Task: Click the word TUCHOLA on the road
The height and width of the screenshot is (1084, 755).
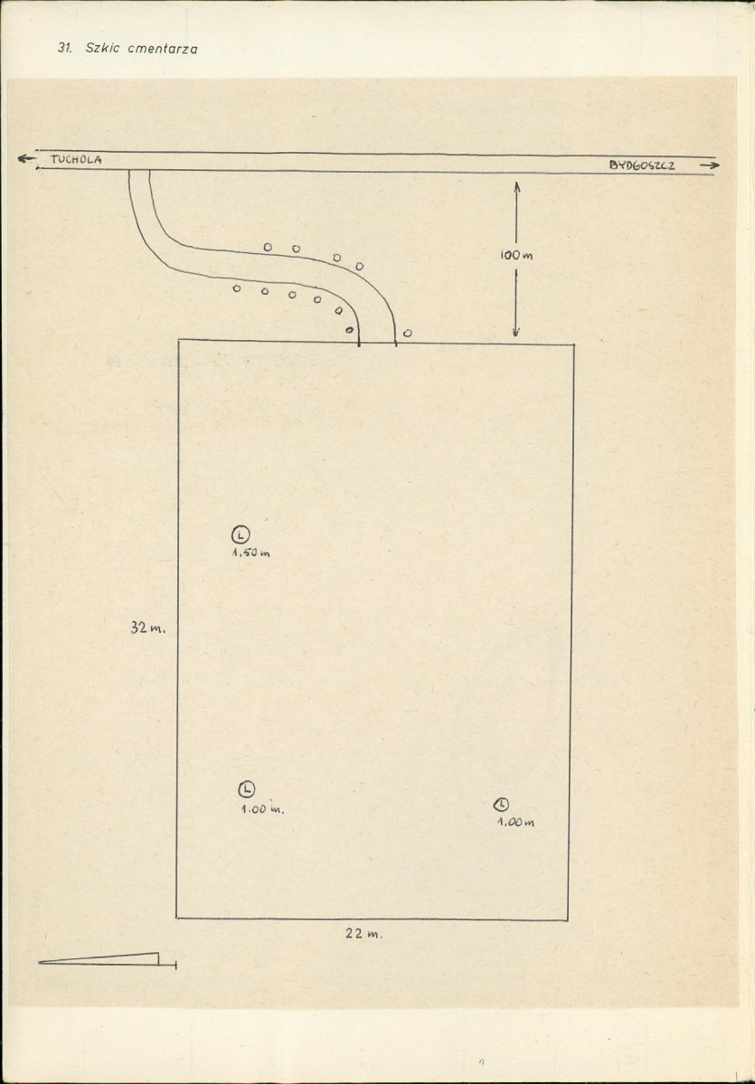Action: [x=76, y=160]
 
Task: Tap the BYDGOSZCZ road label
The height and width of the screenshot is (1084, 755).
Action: [x=642, y=165]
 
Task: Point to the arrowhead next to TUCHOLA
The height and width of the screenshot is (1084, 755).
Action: [x=26, y=158]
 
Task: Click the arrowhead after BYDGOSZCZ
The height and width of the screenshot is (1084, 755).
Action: [x=710, y=165]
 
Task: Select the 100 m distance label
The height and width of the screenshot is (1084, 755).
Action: [x=517, y=255]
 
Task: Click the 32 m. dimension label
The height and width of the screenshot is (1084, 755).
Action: [x=148, y=628]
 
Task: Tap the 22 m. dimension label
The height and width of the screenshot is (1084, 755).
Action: [x=363, y=933]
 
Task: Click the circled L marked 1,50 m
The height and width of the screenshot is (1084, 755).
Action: [x=240, y=534]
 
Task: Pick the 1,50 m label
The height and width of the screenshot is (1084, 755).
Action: [x=250, y=553]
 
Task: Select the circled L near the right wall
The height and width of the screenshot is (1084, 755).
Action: [x=501, y=805]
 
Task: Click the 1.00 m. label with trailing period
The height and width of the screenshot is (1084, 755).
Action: [x=262, y=809]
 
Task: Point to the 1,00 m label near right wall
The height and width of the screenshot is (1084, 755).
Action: [x=515, y=823]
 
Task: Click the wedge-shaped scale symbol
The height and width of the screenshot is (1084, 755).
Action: [x=108, y=959]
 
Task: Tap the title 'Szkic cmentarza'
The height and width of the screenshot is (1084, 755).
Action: [x=141, y=49]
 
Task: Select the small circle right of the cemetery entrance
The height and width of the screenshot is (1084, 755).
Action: [x=407, y=334]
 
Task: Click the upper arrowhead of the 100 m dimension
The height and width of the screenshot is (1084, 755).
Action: [x=516, y=186]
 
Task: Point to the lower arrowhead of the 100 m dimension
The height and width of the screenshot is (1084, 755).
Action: [x=515, y=331]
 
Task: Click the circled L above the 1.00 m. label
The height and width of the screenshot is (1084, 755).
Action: [x=247, y=788]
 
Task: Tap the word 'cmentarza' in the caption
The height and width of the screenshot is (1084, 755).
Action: [x=163, y=50]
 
